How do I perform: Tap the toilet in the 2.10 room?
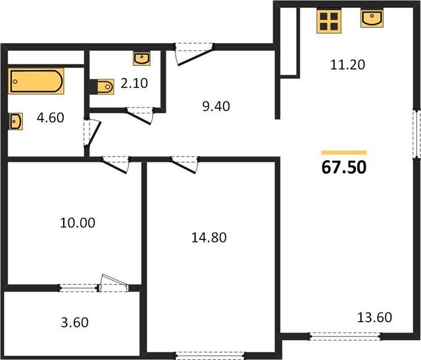point(103,87)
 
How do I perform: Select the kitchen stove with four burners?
point(329,21)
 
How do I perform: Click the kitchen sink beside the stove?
point(371,19)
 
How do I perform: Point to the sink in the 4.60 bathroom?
point(16,122)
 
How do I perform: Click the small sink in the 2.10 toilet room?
point(142,58)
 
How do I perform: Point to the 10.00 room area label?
point(79,223)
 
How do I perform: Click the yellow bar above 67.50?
point(344,153)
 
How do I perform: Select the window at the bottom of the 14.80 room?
point(211,353)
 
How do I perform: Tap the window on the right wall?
point(416,133)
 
